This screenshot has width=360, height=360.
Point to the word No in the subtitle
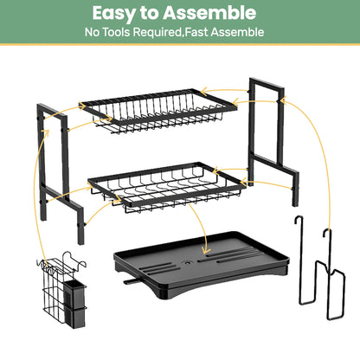coord(93,33)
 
